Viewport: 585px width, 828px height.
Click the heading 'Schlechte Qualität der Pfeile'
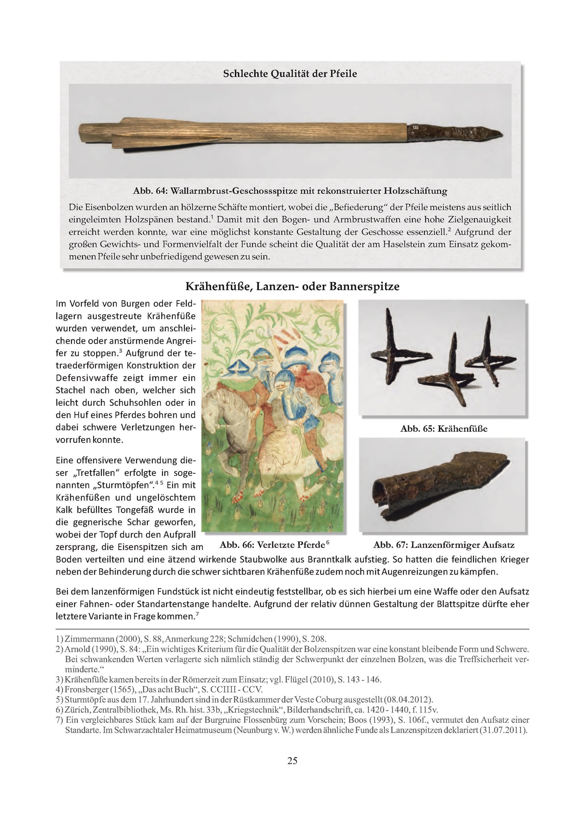290,74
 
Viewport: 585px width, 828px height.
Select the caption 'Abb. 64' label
147,190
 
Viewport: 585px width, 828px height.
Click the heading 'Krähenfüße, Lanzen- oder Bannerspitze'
292,287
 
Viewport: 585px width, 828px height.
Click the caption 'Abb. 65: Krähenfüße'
443,429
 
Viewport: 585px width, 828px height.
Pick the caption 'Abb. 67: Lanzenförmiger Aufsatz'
444,545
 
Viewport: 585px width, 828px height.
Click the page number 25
292,761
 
